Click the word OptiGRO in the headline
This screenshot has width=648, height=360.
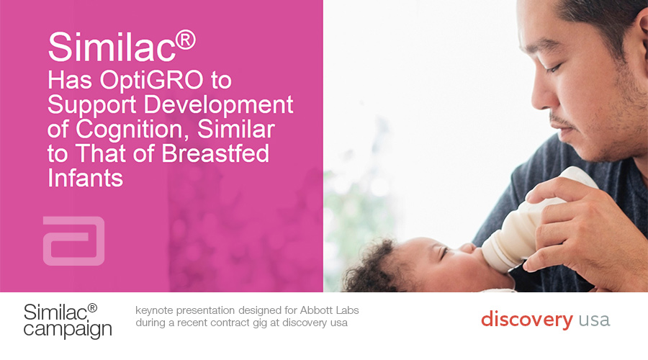pos(151,80)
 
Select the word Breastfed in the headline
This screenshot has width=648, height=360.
pos(215,153)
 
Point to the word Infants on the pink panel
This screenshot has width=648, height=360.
pos(85,178)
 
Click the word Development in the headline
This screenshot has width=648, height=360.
pos(218,105)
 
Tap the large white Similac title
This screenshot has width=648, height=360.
pos(112,46)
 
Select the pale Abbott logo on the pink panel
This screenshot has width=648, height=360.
pos(74,240)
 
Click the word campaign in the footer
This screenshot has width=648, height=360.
pos(68,330)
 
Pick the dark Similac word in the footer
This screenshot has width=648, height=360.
pos(55,312)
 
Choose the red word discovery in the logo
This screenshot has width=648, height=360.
pos(527,320)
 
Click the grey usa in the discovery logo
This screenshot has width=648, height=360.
pos(594,320)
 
